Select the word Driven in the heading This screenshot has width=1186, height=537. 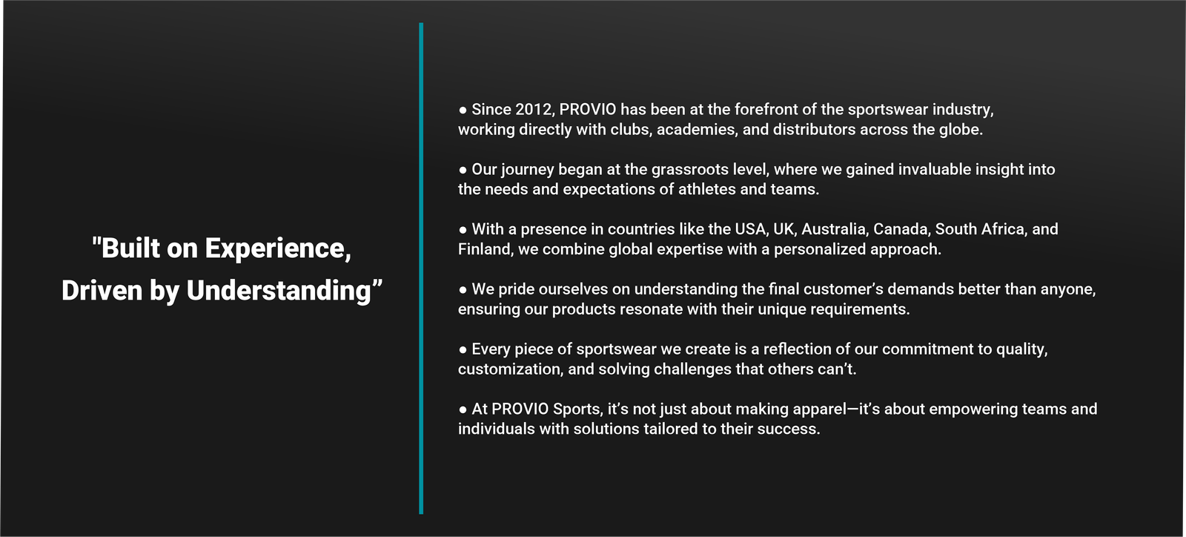[x=102, y=291]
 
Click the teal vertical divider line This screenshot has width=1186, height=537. [x=421, y=268]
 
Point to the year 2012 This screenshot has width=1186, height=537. [x=534, y=110]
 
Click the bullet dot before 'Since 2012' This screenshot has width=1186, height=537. [x=463, y=111]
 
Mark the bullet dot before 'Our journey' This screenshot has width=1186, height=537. [x=463, y=170]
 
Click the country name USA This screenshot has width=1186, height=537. [x=752, y=229]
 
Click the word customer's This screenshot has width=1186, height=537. [x=844, y=289]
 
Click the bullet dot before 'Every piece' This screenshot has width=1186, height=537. [x=463, y=349]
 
